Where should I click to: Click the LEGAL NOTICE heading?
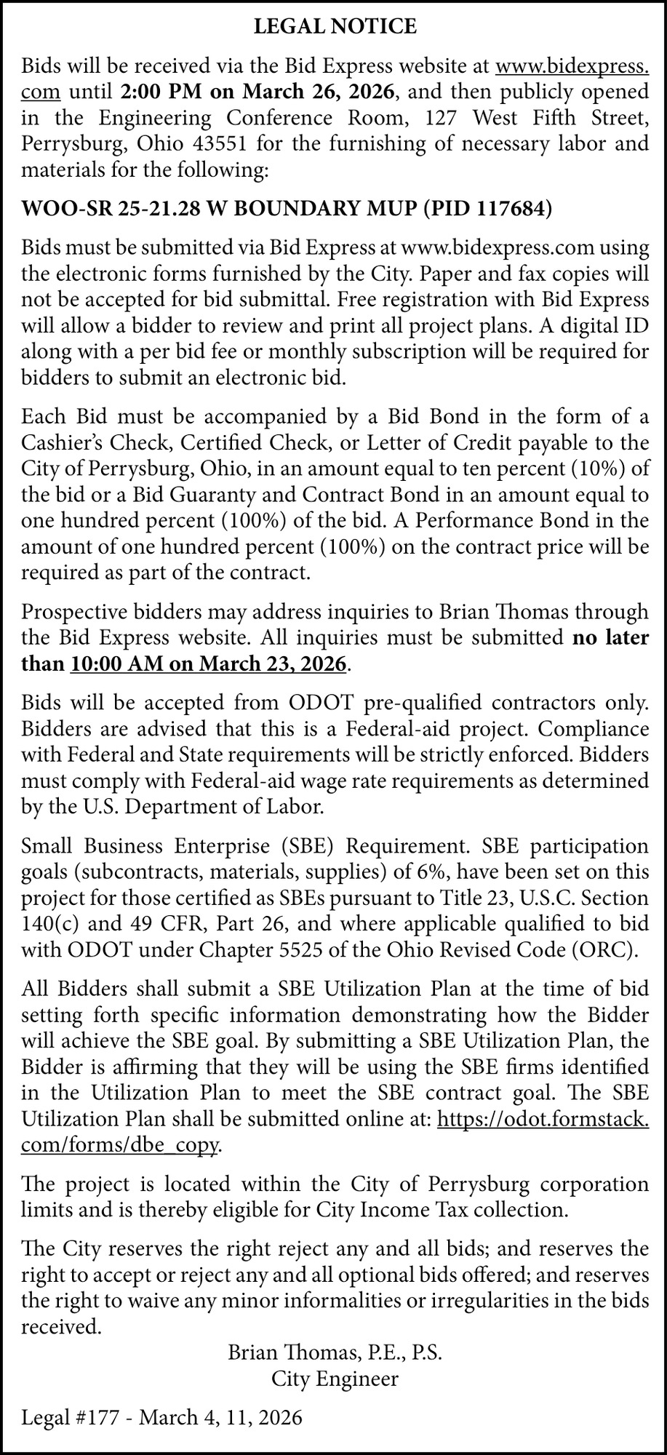[335, 28]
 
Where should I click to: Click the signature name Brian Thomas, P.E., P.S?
[335, 1352]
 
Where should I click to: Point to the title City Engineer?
[335, 1378]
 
